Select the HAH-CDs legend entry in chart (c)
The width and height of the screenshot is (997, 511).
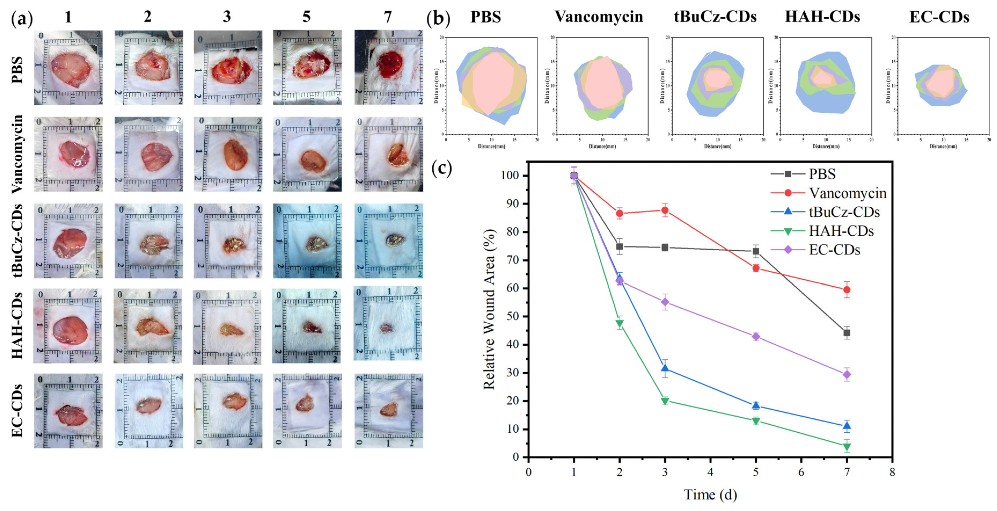841,231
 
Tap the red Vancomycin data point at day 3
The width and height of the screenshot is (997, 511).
665,210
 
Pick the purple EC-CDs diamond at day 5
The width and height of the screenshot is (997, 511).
756,336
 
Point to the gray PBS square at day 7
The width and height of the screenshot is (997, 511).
847,333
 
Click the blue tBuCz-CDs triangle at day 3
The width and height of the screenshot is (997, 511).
665,368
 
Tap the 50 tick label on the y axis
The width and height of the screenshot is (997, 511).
513,317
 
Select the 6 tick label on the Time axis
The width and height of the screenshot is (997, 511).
801,472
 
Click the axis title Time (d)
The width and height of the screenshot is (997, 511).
710,495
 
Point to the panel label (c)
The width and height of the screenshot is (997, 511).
442,168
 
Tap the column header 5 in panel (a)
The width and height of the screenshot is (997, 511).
306,17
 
